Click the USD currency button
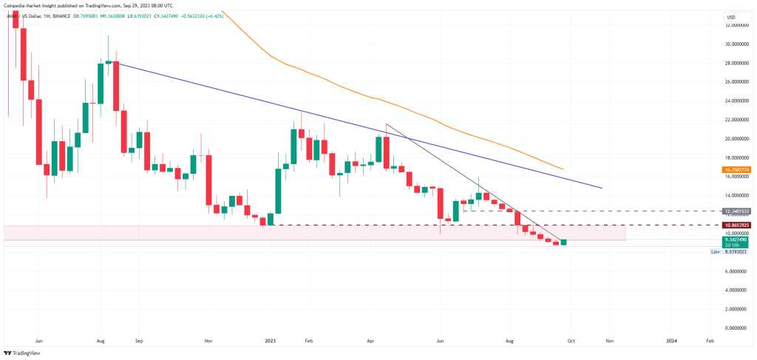tap(731, 16)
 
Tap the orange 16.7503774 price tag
tap(737, 169)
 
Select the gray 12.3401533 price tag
tap(737, 211)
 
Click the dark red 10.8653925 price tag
tap(737, 225)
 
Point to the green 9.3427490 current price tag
tap(737, 240)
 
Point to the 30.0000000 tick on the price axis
tap(737, 44)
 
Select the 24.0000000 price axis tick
tap(737, 101)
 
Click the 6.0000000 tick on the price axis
tap(737, 271)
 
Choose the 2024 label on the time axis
tap(671, 342)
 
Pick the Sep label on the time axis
tap(139, 342)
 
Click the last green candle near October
tap(564, 242)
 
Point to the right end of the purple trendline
tap(602, 188)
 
